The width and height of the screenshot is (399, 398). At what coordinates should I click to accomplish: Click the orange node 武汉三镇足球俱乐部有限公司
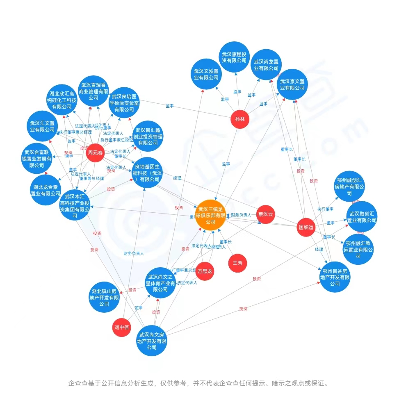coord(210,216)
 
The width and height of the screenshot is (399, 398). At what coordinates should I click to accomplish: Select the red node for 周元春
coord(95,153)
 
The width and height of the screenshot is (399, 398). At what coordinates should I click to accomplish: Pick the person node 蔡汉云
coord(265,214)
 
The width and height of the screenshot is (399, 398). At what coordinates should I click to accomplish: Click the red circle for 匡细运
coord(306,227)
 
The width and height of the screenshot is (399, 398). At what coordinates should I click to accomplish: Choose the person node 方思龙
coord(205,271)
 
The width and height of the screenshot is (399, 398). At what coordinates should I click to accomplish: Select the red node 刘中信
coord(121,327)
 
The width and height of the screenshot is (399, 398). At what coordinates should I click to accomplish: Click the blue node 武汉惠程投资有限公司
coord(234,57)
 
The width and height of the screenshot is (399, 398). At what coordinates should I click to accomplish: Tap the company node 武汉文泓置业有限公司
coord(206,74)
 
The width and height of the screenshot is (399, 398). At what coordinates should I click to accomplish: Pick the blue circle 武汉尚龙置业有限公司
coord(266,65)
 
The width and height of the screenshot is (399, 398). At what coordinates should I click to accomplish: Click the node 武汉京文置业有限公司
coord(292,84)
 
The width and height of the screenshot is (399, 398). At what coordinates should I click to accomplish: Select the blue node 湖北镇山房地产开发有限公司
coord(104,297)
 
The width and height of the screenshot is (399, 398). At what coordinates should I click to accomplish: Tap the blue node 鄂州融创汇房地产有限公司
coord(349,186)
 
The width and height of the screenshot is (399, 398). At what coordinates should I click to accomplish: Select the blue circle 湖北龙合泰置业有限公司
coord(46,190)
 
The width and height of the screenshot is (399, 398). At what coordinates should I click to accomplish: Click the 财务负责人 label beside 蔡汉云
coord(241,215)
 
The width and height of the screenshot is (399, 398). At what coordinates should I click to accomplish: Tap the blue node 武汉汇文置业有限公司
coord(42,126)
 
